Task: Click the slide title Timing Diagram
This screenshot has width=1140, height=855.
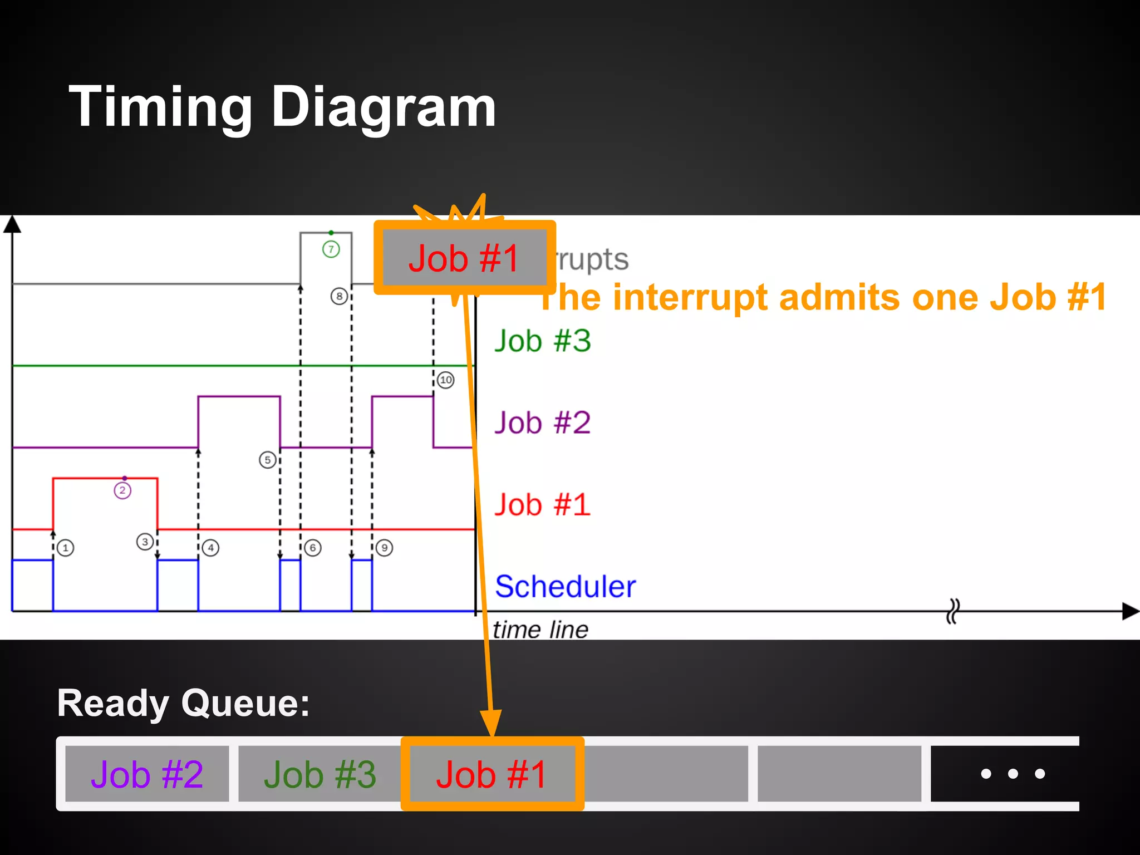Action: pyautogui.click(x=282, y=107)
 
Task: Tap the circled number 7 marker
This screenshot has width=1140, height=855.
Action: pyautogui.click(x=331, y=249)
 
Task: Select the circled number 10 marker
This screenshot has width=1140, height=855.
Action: pyautogui.click(x=445, y=380)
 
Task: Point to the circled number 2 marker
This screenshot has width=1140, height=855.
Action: pyautogui.click(x=122, y=490)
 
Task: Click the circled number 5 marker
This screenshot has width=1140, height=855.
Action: pyautogui.click(x=268, y=460)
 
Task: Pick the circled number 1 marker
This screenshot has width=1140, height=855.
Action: pyautogui.click(x=66, y=548)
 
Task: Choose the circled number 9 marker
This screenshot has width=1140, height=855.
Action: pyautogui.click(x=384, y=548)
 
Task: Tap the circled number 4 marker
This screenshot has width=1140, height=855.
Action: pyautogui.click(x=211, y=548)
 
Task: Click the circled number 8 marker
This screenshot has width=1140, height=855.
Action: pyautogui.click(x=339, y=296)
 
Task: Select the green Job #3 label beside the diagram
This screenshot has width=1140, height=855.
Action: pyautogui.click(x=543, y=341)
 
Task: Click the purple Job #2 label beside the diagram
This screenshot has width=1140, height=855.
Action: pyautogui.click(x=543, y=422)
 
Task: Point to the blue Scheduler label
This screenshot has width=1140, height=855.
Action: pyautogui.click(x=565, y=587)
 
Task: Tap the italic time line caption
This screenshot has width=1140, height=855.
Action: pyautogui.click(x=540, y=630)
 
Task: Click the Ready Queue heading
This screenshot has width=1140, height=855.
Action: pyautogui.click(x=183, y=703)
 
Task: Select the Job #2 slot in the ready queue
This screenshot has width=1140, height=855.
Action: pyautogui.click(x=147, y=774)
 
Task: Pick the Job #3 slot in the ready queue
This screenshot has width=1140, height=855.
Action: pyautogui.click(x=320, y=774)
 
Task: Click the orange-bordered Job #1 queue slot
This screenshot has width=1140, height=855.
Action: pyautogui.click(x=492, y=774)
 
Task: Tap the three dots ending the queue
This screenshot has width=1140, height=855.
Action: pyautogui.click(x=1013, y=774)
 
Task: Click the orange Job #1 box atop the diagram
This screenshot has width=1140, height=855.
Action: pyautogui.click(x=464, y=258)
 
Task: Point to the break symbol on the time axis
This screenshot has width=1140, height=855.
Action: pyautogui.click(x=953, y=611)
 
